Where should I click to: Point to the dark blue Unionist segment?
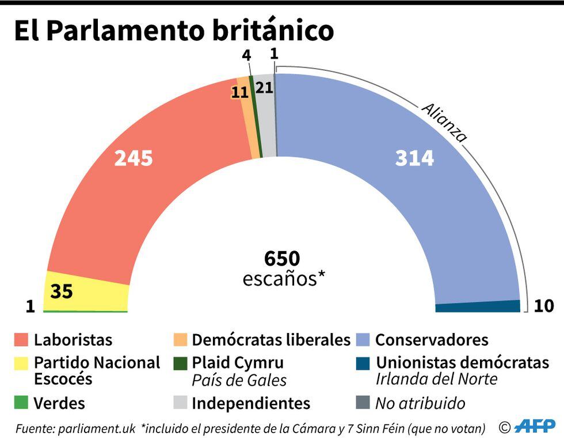click(x=478, y=306)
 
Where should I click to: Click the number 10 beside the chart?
click(x=544, y=306)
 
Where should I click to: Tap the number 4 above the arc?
click(x=247, y=56)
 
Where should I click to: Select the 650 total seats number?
click(x=282, y=258)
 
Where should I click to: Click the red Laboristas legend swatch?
click(x=21, y=340)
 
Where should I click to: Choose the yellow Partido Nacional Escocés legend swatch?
click(x=21, y=363)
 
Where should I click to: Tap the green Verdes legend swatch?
click(x=21, y=403)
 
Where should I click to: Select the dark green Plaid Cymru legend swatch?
click(x=180, y=363)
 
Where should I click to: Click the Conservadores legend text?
click(x=432, y=340)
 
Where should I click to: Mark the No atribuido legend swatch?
click(x=363, y=403)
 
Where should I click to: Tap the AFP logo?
click(x=535, y=427)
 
